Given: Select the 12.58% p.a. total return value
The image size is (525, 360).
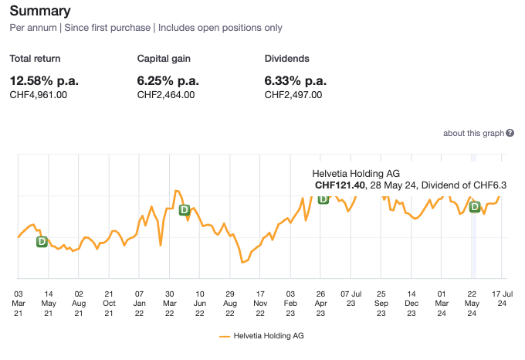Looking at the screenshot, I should click(44, 80).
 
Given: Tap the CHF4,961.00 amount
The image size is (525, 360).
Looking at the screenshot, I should click(38, 95).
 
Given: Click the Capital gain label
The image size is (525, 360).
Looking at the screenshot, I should click(163, 59).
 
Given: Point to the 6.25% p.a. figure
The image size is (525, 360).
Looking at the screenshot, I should click(169, 80).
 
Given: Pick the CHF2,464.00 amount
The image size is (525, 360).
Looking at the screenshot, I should click(165, 95).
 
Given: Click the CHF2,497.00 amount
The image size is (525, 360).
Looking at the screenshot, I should click(293, 95).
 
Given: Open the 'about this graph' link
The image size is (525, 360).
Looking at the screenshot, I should click(473, 134).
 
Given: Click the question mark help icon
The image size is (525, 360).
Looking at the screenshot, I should click(510, 134).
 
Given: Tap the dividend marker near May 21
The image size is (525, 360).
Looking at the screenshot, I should click(42, 242).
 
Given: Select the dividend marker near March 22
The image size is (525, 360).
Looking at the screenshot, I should click(185, 210).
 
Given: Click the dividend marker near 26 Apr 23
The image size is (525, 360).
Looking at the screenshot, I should click(323, 199).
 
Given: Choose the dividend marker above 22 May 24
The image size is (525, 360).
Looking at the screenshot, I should click(475, 206).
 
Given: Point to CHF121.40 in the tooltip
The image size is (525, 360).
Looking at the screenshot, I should click(340, 185).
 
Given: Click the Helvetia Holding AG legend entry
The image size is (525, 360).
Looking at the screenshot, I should click(262, 337).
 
